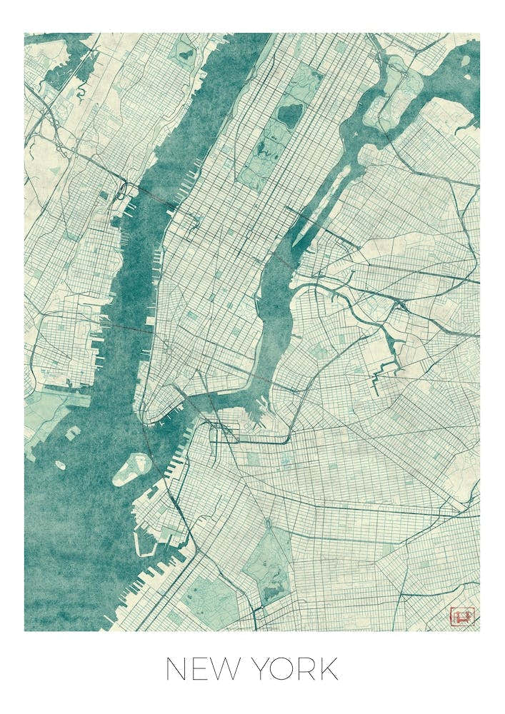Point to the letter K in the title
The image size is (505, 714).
point(328,670)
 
